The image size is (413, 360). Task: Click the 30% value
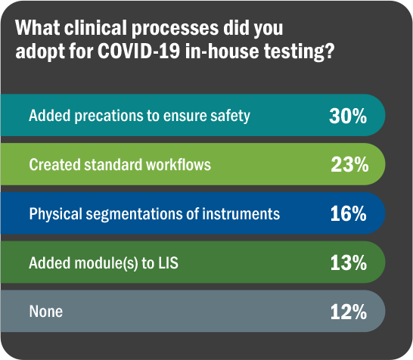348,116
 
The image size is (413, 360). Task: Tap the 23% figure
348,165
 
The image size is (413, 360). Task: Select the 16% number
348,214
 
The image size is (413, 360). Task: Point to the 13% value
348,263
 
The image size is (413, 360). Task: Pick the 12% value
348,312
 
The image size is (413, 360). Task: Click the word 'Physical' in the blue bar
54,214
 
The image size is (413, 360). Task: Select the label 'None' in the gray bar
45,312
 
